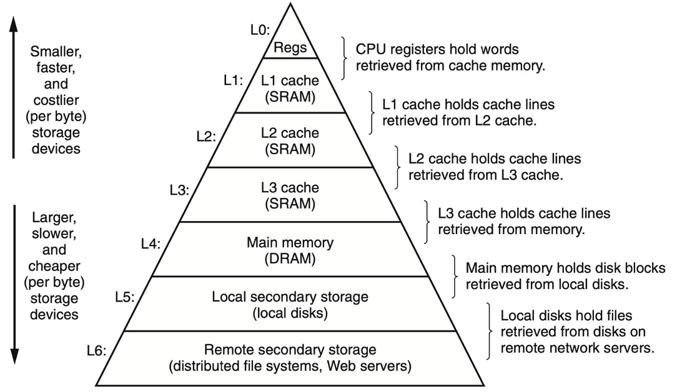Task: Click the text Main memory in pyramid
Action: (x=290, y=242)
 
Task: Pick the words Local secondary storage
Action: (x=290, y=296)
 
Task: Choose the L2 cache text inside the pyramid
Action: (x=290, y=133)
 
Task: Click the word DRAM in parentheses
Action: (x=289, y=257)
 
